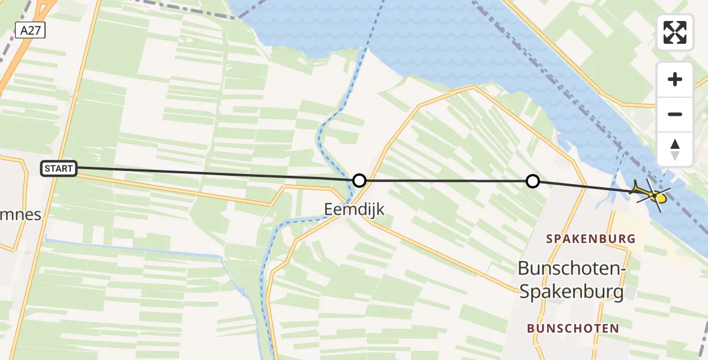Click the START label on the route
pos(59,169)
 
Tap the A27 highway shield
pos(31,31)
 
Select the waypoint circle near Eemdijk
pos(359,180)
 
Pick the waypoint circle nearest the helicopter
pos(532,181)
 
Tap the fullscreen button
pos(675,32)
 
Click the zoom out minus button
pos(675,114)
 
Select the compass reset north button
pos(675,149)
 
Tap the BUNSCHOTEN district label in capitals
pos(573,328)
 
